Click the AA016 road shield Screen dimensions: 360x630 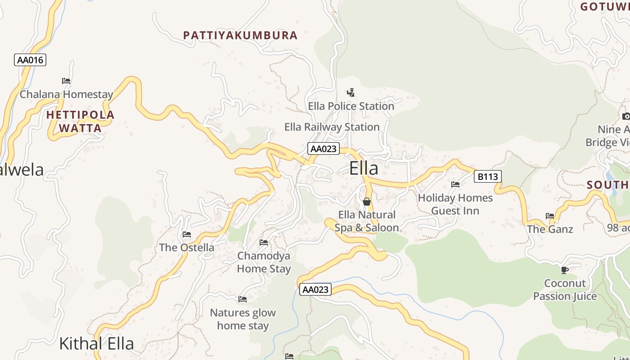(x=30, y=60)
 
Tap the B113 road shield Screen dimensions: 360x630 (x=487, y=176)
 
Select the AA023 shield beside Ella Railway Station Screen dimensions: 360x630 (x=323, y=148)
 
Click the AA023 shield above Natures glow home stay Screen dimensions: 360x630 (x=315, y=289)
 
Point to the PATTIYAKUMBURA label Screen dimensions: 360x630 (x=240, y=35)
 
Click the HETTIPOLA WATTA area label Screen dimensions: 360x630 (x=81, y=121)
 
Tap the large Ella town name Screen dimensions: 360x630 (x=364, y=168)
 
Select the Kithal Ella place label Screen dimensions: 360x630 (x=96, y=344)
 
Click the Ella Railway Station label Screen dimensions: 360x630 (x=332, y=127)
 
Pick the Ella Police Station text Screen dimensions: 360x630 (x=351, y=106)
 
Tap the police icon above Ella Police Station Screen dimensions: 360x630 (x=351, y=93)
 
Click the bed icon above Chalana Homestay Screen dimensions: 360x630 (x=66, y=81)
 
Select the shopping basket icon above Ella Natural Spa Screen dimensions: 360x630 (x=367, y=202)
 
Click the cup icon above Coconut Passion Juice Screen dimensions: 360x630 (x=565, y=270)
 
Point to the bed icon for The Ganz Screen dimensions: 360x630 (x=550, y=216)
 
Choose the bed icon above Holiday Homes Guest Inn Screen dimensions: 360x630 (x=455, y=184)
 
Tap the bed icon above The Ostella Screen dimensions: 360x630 (x=187, y=234)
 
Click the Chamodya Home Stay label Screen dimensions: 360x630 (x=264, y=262)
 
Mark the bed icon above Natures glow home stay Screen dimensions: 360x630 (x=243, y=299)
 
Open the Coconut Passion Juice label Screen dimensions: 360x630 (x=565, y=290)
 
